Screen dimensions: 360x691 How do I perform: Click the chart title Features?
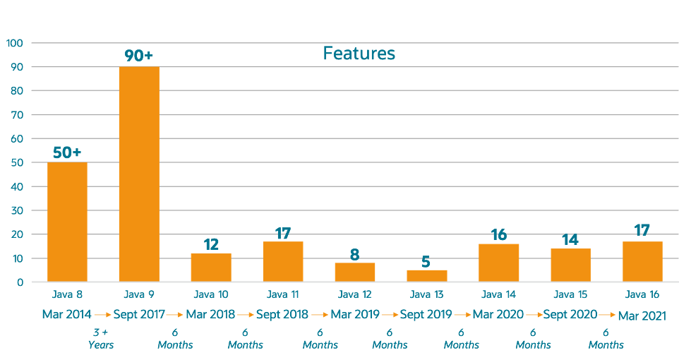359,54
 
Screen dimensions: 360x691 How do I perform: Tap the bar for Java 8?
67,222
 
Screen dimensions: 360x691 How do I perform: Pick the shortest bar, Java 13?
426,275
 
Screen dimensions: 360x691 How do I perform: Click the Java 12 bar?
354,272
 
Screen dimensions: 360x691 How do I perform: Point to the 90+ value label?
139,55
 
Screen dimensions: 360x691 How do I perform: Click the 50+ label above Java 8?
67,152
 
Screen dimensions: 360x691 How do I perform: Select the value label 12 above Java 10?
211,244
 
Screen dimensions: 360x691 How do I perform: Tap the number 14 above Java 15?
570,239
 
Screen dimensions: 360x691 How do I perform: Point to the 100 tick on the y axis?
15,43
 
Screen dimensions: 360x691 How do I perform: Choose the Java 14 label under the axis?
498,294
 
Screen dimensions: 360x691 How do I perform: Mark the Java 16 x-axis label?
642,294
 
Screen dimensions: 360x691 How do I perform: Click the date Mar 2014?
66,314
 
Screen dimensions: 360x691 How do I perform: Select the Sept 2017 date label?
140,314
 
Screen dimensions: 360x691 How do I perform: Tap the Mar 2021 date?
642,316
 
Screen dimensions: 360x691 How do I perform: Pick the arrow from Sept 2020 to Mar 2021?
607,315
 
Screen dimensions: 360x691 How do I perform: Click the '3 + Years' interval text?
101,339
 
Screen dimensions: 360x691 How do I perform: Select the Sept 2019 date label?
426,314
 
